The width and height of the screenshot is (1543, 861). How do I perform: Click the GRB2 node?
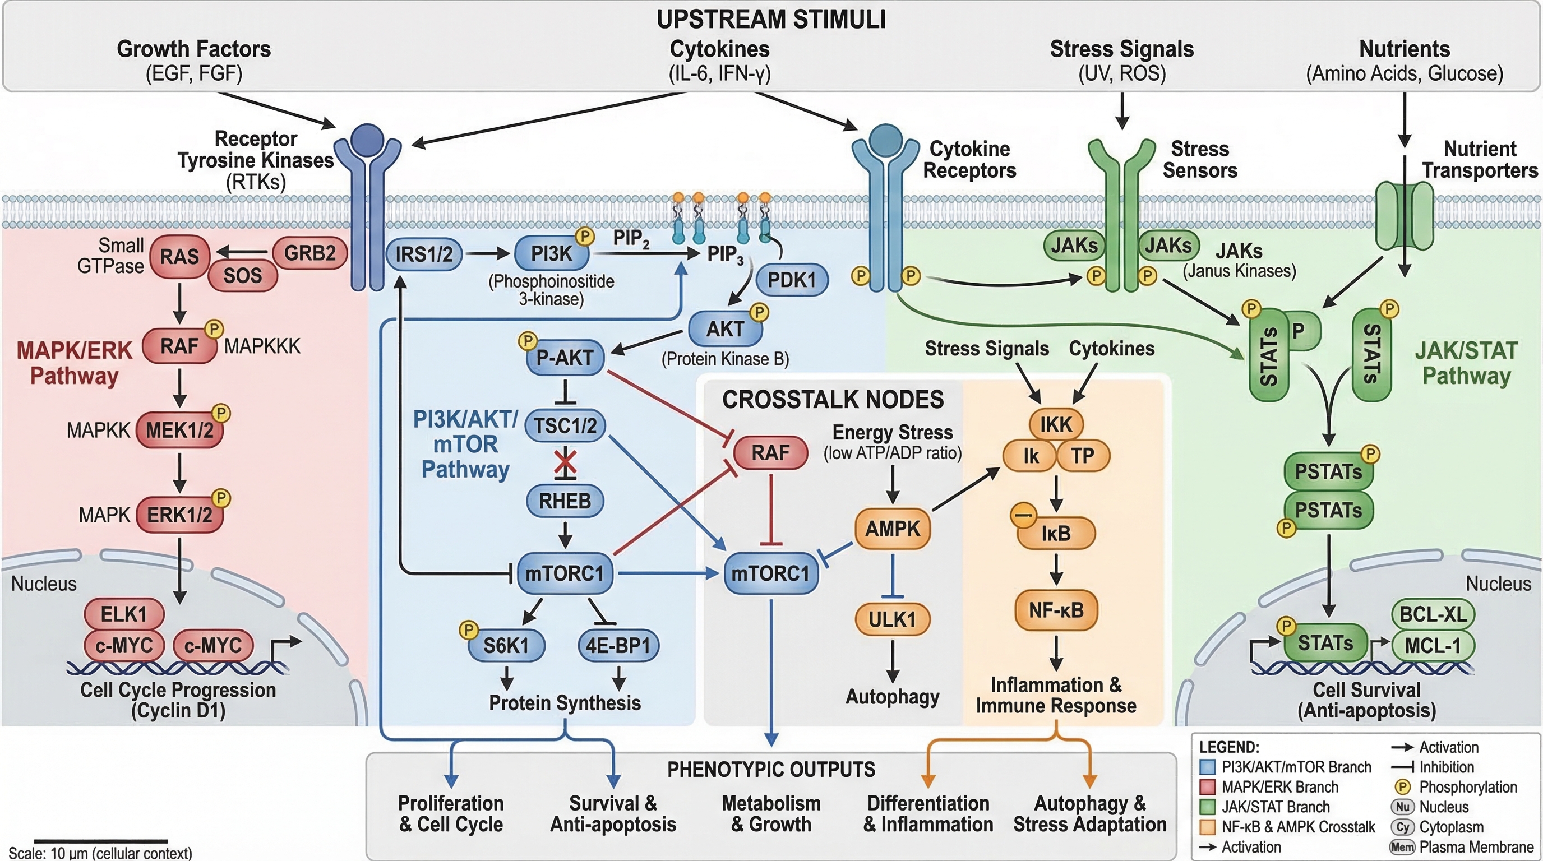tap(309, 253)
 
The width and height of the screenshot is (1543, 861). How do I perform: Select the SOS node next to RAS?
tap(243, 275)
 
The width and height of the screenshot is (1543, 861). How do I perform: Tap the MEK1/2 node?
tap(179, 430)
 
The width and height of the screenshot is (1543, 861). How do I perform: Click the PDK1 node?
tap(792, 280)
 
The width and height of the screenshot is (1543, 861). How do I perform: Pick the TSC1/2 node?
tap(565, 425)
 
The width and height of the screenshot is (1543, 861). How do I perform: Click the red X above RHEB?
tap(565, 462)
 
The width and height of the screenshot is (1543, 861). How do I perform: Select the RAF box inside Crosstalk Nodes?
tap(770, 453)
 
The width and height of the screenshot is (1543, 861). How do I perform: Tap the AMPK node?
tap(893, 529)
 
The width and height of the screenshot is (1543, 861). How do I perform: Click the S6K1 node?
tap(506, 645)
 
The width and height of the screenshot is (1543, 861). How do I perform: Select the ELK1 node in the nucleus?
tap(123, 614)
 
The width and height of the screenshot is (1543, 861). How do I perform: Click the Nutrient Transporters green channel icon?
tap(1404, 216)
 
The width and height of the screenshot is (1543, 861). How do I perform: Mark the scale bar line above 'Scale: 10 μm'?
tap(100, 841)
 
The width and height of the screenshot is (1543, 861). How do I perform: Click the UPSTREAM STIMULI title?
tap(771, 19)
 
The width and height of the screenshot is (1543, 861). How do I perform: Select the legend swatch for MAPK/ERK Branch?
tap(1208, 787)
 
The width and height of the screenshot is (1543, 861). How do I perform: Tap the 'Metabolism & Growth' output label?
tap(771, 813)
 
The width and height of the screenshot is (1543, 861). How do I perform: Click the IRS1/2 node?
tap(423, 254)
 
